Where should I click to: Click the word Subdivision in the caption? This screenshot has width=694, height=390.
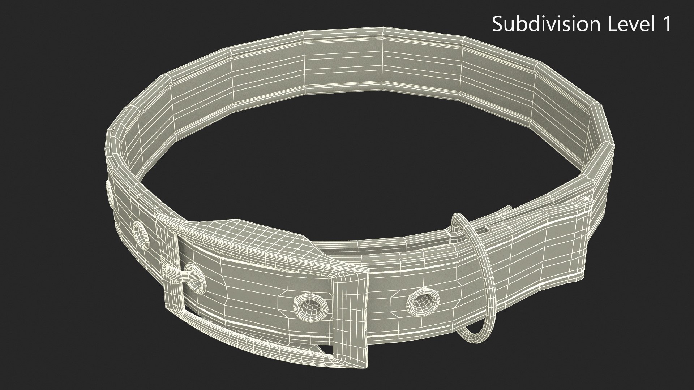click(545, 24)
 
